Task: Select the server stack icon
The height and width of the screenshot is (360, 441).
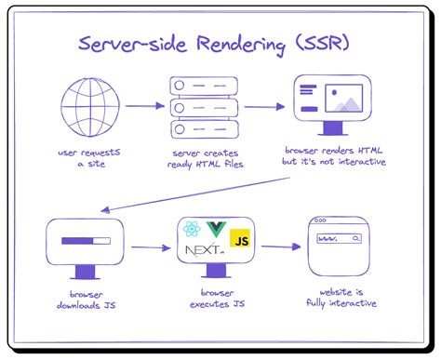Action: coord(203,105)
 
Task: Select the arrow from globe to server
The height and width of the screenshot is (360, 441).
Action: coord(143,106)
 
